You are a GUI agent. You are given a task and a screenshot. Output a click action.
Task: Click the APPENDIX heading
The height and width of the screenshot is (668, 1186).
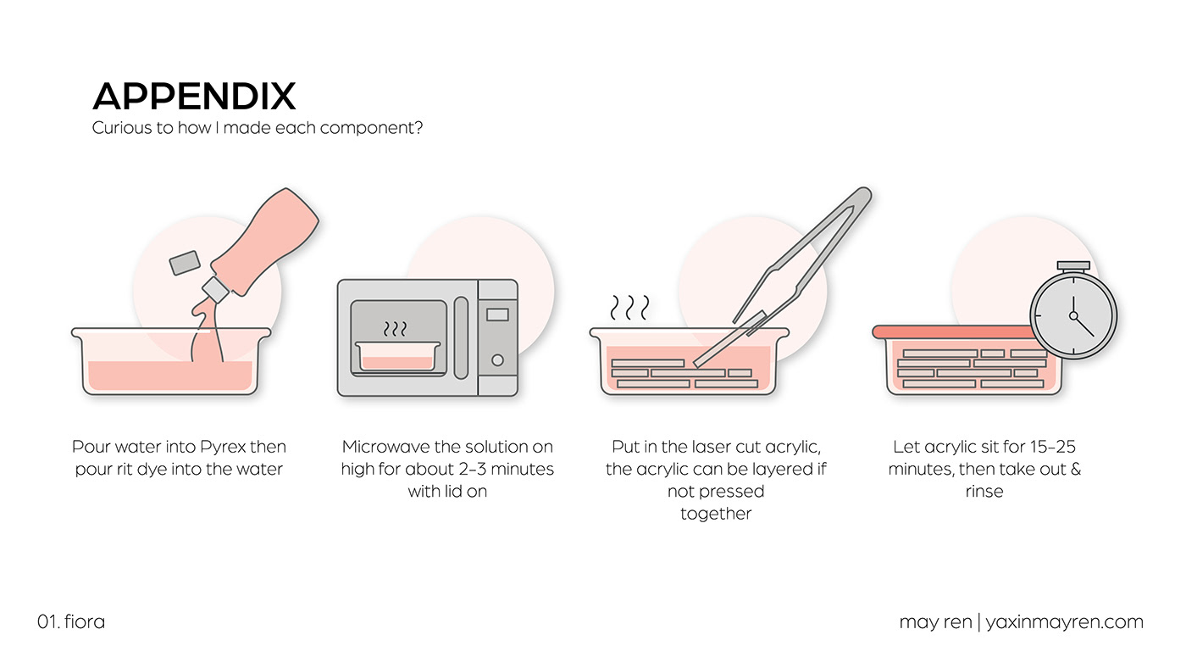coord(194,96)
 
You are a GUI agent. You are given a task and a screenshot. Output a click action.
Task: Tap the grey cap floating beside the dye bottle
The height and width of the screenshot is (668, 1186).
coord(185,263)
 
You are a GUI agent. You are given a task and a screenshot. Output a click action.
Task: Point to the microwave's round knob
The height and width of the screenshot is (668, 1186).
coord(497,360)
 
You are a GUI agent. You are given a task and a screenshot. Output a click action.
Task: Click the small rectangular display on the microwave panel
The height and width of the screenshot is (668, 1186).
coord(497,315)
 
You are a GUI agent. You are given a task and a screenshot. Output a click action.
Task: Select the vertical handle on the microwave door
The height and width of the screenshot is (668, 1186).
coord(461,338)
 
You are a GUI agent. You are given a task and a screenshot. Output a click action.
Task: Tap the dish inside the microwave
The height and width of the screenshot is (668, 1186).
coord(397,357)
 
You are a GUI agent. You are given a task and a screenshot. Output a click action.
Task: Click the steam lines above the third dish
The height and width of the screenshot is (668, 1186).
coord(629,308)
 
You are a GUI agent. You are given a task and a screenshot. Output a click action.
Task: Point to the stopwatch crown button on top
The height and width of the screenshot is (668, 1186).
coord(1073,266)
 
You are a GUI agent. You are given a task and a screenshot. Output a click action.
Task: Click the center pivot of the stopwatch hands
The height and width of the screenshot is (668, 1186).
coord(1073,315)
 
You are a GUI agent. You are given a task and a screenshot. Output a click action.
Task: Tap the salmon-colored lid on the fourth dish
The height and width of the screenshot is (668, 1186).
coord(952,332)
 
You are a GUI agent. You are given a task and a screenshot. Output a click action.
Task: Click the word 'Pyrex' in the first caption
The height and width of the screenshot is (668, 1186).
coord(223,447)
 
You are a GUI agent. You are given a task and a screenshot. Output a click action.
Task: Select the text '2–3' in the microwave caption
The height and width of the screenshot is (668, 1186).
coord(473,470)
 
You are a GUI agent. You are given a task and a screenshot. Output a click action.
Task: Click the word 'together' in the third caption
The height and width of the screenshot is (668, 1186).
coord(716,514)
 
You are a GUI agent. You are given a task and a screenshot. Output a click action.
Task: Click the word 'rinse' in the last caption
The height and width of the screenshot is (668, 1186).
coord(984,492)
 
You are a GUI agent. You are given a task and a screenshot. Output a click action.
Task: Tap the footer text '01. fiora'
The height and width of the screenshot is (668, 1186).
coord(71,621)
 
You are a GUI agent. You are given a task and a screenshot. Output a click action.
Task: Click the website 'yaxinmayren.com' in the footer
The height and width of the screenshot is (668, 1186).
coord(1064,622)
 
